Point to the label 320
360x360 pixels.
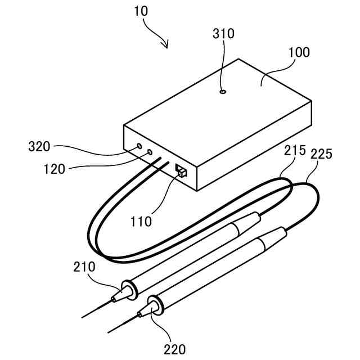pos(39,147)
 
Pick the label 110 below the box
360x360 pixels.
pos(140,221)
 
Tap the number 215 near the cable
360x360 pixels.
pos(295,150)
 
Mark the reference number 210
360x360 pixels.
pos(84,265)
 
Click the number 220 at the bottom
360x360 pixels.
pos(174,349)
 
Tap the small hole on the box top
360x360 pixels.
pos(223,91)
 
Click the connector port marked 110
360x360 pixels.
pos(181,170)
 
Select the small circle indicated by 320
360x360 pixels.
pos(139,147)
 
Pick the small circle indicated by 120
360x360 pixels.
pos(149,152)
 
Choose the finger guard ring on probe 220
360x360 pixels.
pos(156,304)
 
